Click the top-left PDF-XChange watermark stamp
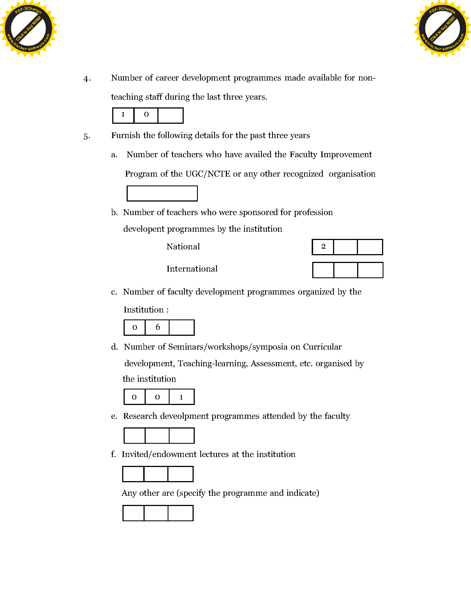[x=28, y=28]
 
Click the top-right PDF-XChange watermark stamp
[x=442, y=28]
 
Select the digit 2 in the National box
[x=323, y=246]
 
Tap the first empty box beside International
[x=323, y=270]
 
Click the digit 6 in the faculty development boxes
[x=158, y=327]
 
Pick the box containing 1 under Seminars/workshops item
[x=181, y=397]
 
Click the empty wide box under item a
[x=162, y=193]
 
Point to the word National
[x=183, y=246]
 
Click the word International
[x=192, y=269]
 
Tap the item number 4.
[x=87, y=79]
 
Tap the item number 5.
[x=86, y=136]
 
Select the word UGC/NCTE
[x=208, y=174]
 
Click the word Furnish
[x=126, y=135]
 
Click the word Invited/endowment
[x=159, y=454]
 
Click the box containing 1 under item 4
[x=123, y=115]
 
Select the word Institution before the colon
[x=144, y=310]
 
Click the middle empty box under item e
[x=157, y=435]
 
